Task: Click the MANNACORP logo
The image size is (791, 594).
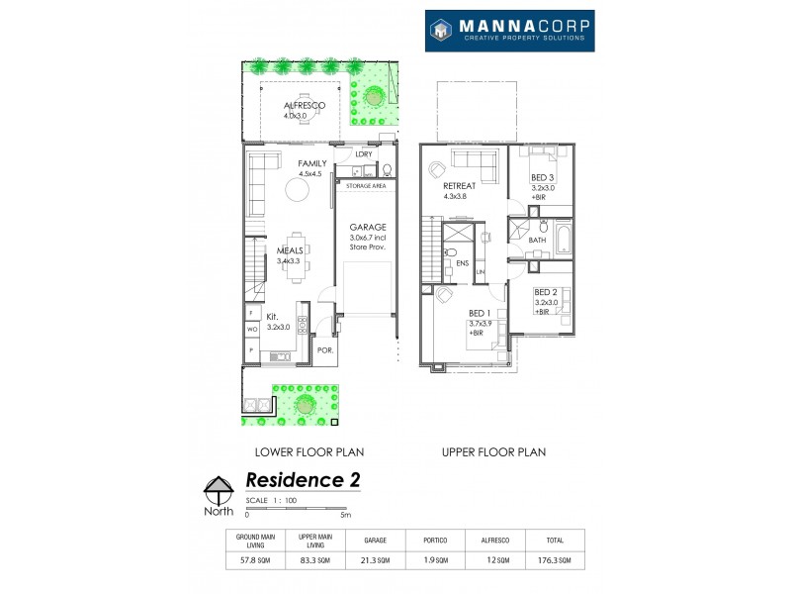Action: click(x=509, y=31)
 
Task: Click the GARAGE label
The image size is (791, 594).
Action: click(x=367, y=227)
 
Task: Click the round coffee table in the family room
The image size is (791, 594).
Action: click(x=297, y=189)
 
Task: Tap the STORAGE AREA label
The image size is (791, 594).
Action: click(x=365, y=186)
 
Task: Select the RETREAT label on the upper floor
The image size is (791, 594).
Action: click(x=461, y=185)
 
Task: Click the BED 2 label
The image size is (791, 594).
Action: click(x=546, y=292)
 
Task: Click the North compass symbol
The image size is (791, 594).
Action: click(x=219, y=491)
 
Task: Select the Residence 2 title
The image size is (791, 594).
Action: click(x=302, y=480)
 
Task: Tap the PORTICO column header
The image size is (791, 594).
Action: click(x=434, y=541)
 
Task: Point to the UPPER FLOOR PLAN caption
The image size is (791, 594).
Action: click(x=494, y=451)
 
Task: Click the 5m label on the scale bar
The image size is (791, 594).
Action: click(x=345, y=515)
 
